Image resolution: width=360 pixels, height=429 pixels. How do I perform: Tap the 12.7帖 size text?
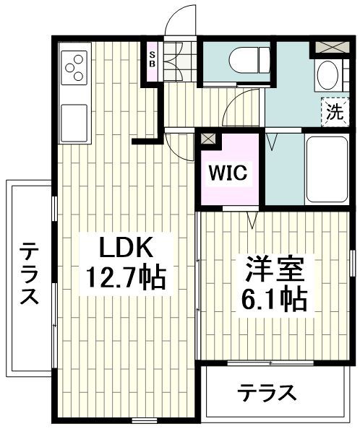click(125, 277)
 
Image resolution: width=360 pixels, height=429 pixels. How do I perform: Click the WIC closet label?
click(228, 173)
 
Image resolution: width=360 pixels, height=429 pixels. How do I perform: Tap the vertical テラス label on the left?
click(28, 274)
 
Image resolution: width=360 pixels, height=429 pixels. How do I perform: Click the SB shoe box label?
click(153, 58)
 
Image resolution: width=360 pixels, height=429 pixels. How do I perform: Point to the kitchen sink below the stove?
click(75, 121)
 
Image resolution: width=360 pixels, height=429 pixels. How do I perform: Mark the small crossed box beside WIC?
click(208, 138)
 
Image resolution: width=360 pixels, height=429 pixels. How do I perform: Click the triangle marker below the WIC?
click(252, 217)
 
